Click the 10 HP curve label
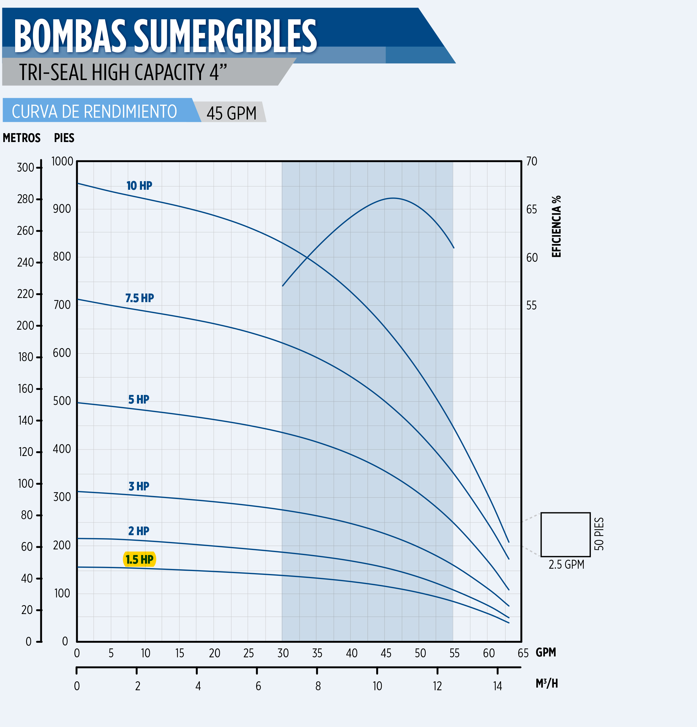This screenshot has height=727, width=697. tap(139, 186)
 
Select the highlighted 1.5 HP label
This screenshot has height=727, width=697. tap(139, 559)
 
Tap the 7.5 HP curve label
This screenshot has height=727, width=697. tap(139, 298)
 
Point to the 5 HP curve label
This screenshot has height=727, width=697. tap(139, 399)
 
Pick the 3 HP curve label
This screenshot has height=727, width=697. tap(139, 486)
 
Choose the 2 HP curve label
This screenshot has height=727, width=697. tap(139, 531)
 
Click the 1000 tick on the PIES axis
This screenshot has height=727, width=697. tap(62, 161)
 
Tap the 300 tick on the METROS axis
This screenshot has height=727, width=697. tap(25, 168)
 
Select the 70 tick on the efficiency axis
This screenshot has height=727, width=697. tap(532, 161)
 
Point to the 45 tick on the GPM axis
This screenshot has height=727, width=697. tap(386, 653)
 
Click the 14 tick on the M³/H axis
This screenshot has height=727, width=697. tap(497, 686)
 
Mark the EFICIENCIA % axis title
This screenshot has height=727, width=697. tap(556, 226)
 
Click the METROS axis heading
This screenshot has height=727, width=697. tap(22, 138)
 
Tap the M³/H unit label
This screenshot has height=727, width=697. tap(546, 683)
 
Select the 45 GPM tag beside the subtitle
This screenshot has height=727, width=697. tap(232, 113)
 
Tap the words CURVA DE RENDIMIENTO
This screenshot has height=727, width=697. tap(94, 111)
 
